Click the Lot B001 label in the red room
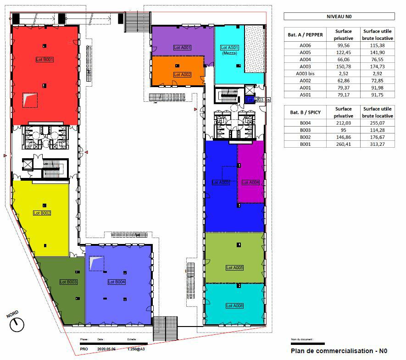(x=45, y=60)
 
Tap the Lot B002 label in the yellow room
(x=42, y=213)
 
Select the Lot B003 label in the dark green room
(x=68, y=282)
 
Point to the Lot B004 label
(x=117, y=282)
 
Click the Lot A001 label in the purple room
(x=182, y=48)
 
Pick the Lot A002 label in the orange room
(x=182, y=74)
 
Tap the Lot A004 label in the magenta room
(x=250, y=182)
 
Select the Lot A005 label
(x=234, y=268)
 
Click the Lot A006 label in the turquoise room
(x=234, y=305)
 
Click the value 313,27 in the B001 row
(x=377, y=144)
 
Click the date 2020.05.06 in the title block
(x=107, y=349)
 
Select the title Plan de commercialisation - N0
(x=339, y=351)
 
